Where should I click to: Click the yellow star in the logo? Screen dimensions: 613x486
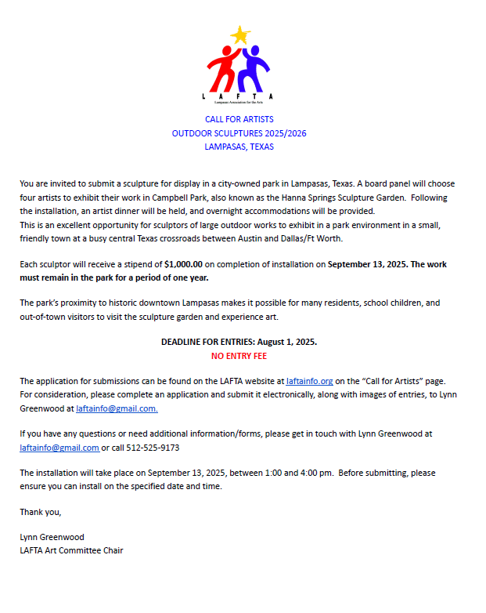point(240,35)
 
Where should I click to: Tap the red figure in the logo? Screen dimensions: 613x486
point(222,69)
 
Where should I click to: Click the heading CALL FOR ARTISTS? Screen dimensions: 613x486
point(239,119)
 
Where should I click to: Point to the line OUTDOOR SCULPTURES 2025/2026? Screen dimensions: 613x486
point(239,133)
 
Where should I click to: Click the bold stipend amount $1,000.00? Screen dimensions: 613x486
point(183,264)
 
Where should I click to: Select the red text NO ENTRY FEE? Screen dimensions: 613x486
point(239,356)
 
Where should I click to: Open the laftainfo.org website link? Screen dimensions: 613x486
point(309,381)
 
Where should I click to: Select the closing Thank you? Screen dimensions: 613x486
point(40,512)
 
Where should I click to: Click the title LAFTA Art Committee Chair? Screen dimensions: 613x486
point(71,550)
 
